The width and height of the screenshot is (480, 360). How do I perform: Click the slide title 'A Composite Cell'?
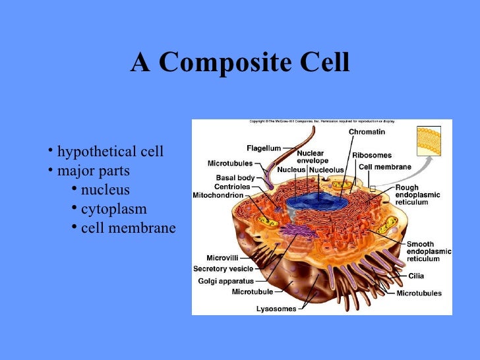pos(240,63)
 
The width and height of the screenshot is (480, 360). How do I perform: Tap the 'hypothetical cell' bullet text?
pos(110,152)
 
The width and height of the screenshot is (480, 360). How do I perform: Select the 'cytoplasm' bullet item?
pos(113,210)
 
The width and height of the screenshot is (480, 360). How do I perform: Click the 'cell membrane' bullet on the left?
pos(128,229)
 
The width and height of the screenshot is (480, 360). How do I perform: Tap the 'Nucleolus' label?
pos(326,169)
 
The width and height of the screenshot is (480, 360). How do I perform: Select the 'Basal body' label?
pos(235,177)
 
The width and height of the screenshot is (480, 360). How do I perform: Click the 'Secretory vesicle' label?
pos(224,269)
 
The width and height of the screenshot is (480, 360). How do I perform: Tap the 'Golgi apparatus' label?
pos(226,281)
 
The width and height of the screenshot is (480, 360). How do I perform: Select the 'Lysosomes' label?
pos(276,309)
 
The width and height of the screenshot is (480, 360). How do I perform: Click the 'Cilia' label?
pos(416,276)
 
